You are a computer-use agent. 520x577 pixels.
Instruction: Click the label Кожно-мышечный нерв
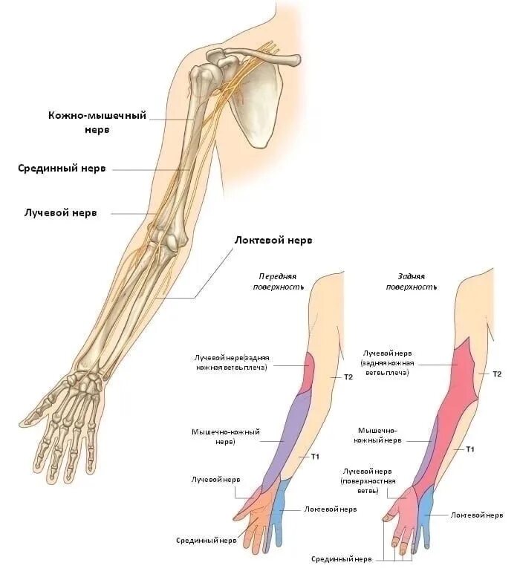pos(97,122)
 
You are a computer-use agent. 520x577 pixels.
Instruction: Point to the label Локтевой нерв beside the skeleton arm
pos(273,240)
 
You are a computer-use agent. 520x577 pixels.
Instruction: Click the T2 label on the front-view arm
pos(348,377)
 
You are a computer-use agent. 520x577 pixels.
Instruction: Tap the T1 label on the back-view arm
pos(469,449)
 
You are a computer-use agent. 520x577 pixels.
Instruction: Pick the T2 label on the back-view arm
pos(497,374)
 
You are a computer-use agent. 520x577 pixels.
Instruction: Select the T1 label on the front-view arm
pos(315,455)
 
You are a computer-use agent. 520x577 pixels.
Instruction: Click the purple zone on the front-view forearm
pos(290,438)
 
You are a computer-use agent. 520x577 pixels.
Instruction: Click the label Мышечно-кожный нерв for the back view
pos(380,435)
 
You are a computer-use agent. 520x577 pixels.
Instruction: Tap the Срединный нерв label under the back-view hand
pos(341,558)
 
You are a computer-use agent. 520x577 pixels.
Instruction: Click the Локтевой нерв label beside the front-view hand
pos(331,509)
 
